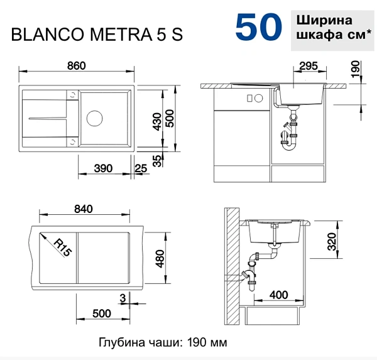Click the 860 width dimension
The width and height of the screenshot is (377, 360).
(x=77, y=65)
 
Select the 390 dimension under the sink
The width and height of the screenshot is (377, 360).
(x=103, y=168)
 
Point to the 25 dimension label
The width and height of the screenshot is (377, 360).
(x=141, y=168)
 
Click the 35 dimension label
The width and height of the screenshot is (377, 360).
(x=157, y=160)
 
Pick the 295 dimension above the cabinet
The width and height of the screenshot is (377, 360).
(x=309, y=65)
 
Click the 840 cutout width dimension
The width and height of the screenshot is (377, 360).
(x=84, y=209)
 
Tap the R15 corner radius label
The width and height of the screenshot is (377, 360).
(x=62, y=248)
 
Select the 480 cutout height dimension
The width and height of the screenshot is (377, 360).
(x=160, y=259)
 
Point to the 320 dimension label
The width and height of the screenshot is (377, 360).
(x=332, y=241)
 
